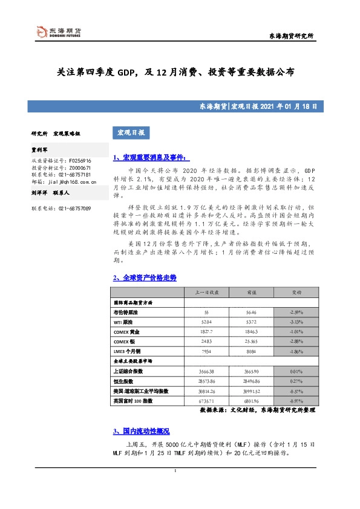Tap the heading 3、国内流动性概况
tap(141, 431)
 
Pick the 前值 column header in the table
tap(252, 292)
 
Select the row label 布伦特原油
tap(126, 313)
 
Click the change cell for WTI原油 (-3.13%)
tap(296, 323)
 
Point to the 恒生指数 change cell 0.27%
tap(296, 381)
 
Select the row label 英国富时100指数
tap(134, 401)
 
